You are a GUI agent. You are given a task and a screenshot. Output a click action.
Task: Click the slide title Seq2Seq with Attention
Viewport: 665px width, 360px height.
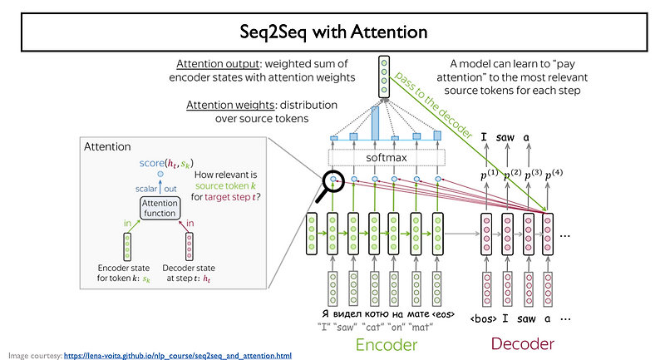pos(332,32)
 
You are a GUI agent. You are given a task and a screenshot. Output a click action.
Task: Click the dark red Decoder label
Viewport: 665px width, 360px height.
pos(520,343)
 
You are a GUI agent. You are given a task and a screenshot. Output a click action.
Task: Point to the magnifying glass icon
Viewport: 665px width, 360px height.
pos(328,183)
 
